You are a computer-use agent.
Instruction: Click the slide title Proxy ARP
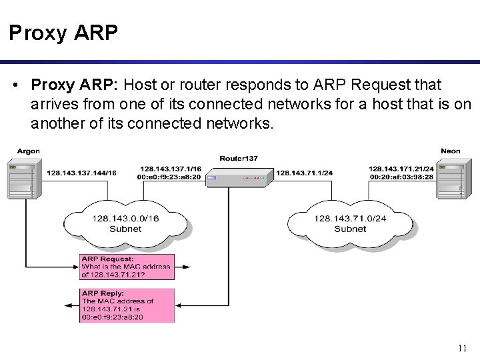coord(63,33)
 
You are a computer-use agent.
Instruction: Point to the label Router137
coord(238,159)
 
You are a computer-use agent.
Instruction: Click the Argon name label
coord(28,151)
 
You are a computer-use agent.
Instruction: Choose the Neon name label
coord(451,151)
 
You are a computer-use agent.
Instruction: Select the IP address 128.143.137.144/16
coord(81,173)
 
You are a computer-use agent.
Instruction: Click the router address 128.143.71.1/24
coord(305,173)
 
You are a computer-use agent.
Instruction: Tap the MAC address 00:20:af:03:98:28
coord(401,177)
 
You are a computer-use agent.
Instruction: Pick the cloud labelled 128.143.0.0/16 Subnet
coord(125,223)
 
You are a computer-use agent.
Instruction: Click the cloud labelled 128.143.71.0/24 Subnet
coord(350,223)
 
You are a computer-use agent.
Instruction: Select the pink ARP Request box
coord(127,267)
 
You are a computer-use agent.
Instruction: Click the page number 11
coord(463,348)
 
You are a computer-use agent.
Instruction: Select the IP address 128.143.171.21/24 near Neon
coord(401,169)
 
